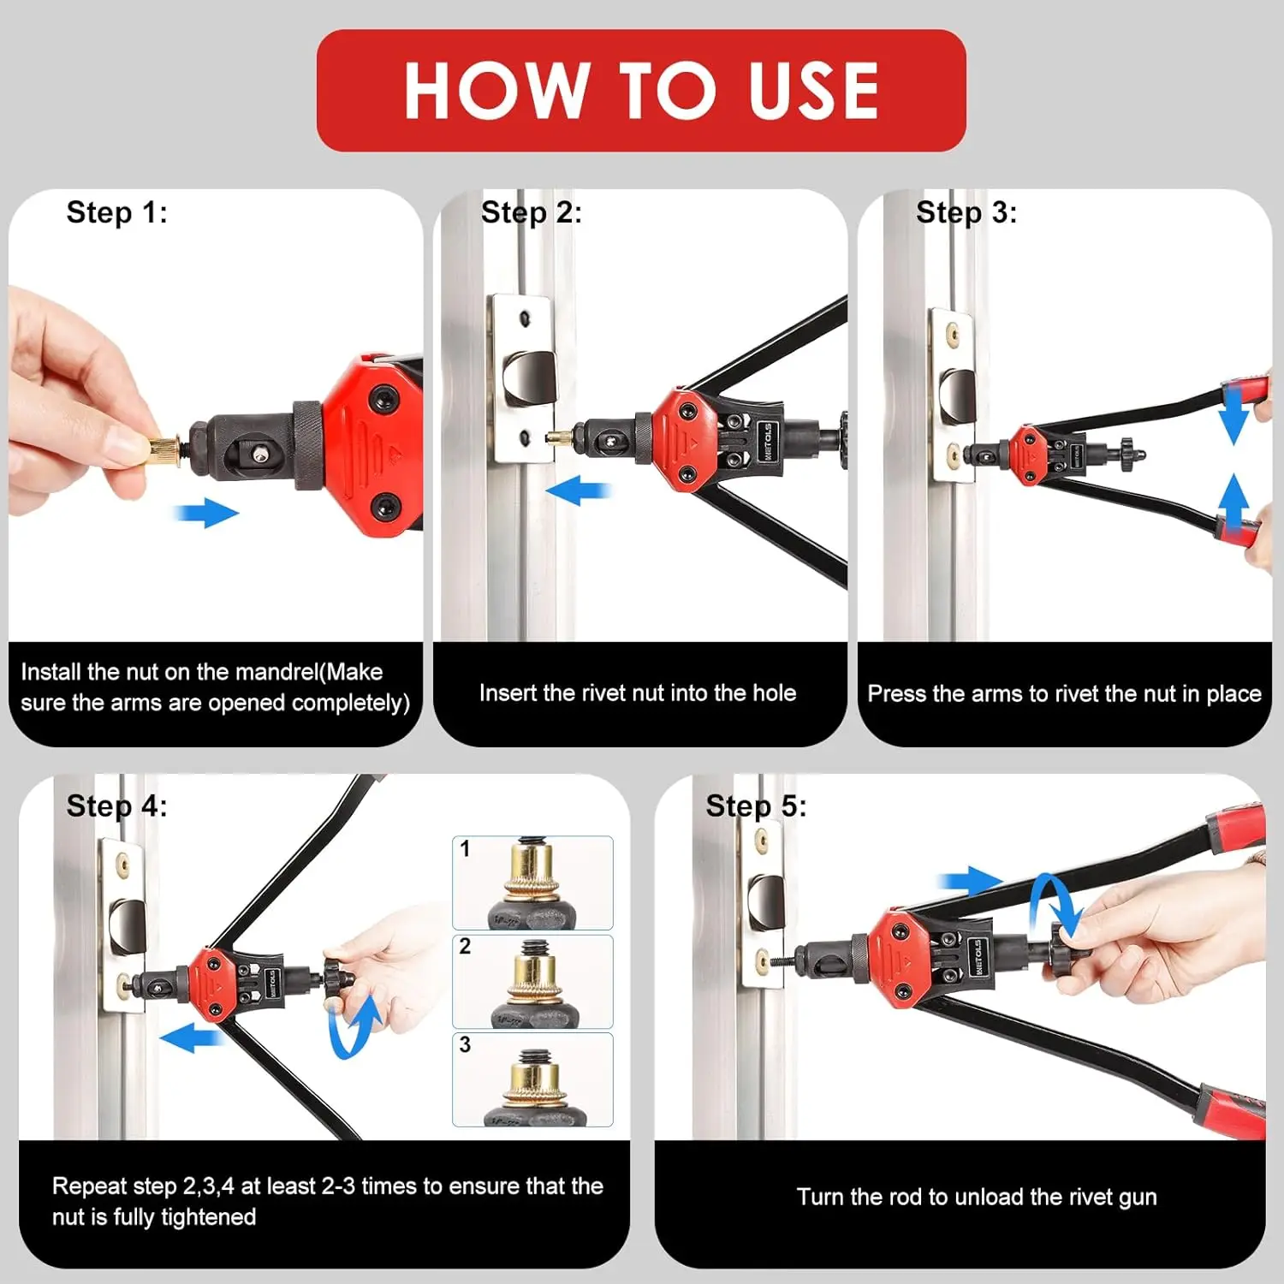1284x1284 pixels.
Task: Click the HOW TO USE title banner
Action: [x=641, y=91]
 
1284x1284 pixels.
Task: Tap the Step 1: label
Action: [x=117, y=212]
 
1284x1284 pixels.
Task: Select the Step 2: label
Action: [x=532, y=212]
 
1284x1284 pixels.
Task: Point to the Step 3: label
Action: [x=966, y=212]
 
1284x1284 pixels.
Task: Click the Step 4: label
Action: [x=117, y=806]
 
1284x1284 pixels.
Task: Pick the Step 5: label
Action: [x=756, y=806]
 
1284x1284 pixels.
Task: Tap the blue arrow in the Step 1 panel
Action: [x=206, y=514]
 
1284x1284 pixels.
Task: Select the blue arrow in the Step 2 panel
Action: [x=578, y=491]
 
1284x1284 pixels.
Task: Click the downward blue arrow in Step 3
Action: [x=1233, y=415]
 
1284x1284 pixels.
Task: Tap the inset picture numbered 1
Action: [x=532, y=883]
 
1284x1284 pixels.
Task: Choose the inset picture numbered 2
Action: [x=532, y=981]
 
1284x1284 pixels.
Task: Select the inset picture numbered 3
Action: [x=532, y=1079]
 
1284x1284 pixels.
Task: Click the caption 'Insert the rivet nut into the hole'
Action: [x=638, y=693]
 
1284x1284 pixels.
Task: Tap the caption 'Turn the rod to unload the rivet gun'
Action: [x=977, y=1197]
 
